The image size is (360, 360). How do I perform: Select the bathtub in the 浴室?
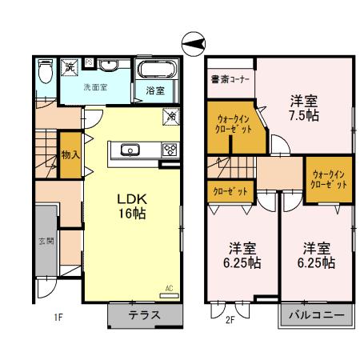pyautogui.click(x=154, y=72)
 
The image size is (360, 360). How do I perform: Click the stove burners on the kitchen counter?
pyautogui.click(x=170, y=150)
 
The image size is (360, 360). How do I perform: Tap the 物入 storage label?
pyautogui.click(x=70, y=154)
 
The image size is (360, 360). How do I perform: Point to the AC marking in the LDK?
pyautogui.click(x=169, y=288)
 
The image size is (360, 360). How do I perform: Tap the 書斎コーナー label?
pyautogui.click(x=230, y=79)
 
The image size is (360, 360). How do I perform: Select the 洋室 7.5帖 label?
pyautogui.click(x=303, y=108)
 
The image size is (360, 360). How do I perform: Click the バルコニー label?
pyautogui.click(x=316, y=315)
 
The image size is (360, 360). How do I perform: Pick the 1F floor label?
pyautogui.click(x=58, y=318)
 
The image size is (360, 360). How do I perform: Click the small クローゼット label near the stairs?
pyautogui.click(x=230, y=192)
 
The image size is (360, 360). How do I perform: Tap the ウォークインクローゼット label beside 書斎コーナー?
pyautogui.click(x=234, y=122)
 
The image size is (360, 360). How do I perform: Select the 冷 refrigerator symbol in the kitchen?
pyautogui.click(x=171, y=118)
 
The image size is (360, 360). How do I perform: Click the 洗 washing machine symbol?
pyautogui.click(x=70, y=67)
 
